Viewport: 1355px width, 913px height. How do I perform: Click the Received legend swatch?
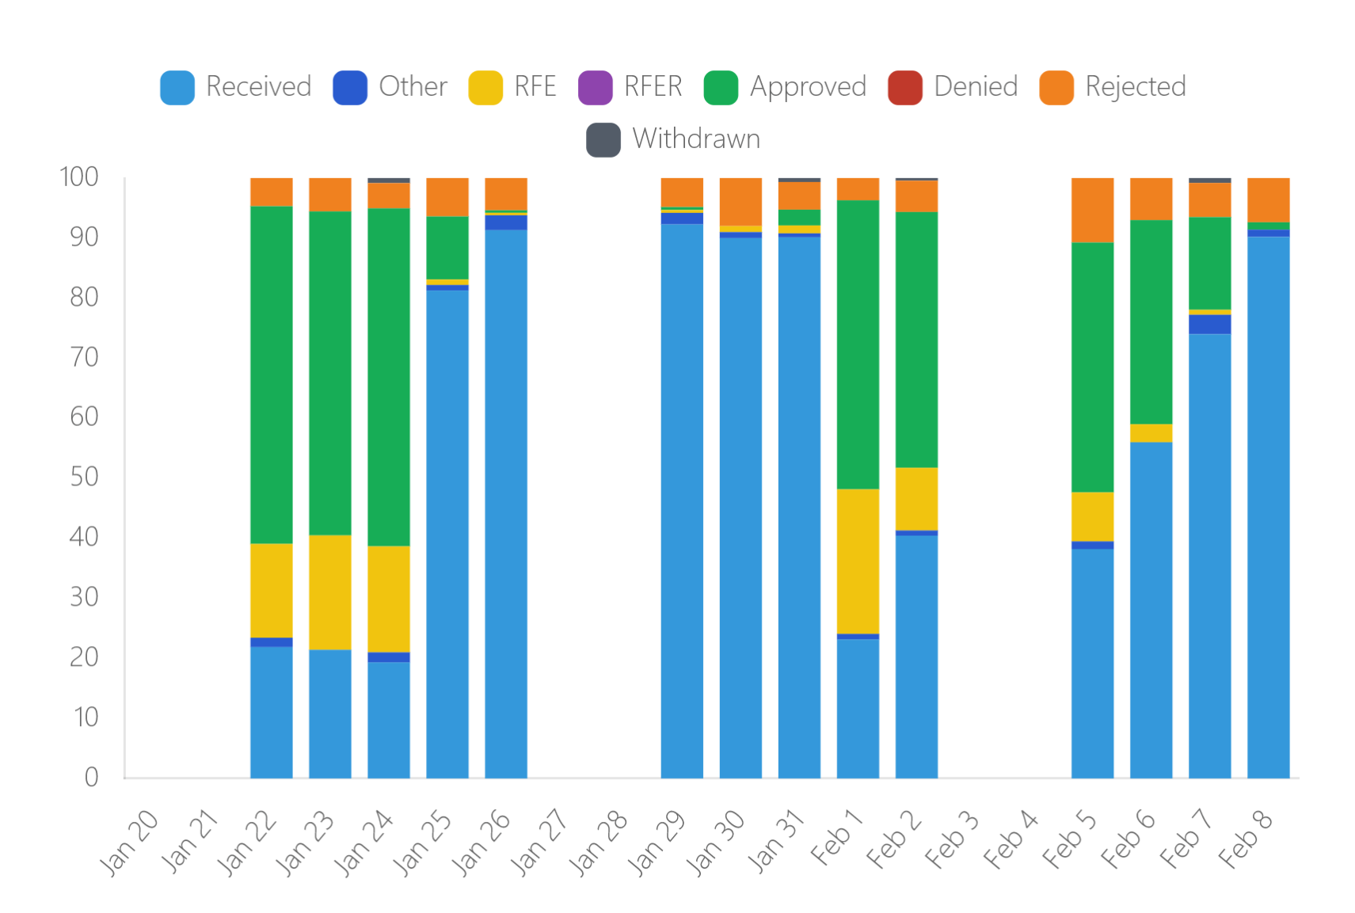pos(177,88)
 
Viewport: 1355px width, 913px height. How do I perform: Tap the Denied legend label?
pos(975,87)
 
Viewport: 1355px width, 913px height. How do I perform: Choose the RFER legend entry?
pos(652,87)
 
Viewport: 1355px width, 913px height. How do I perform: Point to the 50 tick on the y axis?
pos(84,477)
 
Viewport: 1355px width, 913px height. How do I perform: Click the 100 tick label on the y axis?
pos(79,177)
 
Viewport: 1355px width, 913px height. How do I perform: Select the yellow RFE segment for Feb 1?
pos(858,561)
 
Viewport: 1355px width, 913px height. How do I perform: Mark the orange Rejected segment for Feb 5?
pos(1092,210)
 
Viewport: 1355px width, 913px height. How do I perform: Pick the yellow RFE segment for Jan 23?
pos(330,592)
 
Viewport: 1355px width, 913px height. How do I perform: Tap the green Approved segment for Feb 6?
pos(1151,321)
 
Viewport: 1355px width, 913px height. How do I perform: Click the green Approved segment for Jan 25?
pos(447,247)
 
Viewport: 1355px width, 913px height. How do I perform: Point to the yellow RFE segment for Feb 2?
pos(916,498)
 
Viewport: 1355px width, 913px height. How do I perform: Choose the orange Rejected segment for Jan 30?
pos(740,201)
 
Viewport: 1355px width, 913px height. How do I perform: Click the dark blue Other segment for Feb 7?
pos(1209,324)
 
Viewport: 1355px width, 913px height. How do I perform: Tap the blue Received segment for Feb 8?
pos(1268,507)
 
